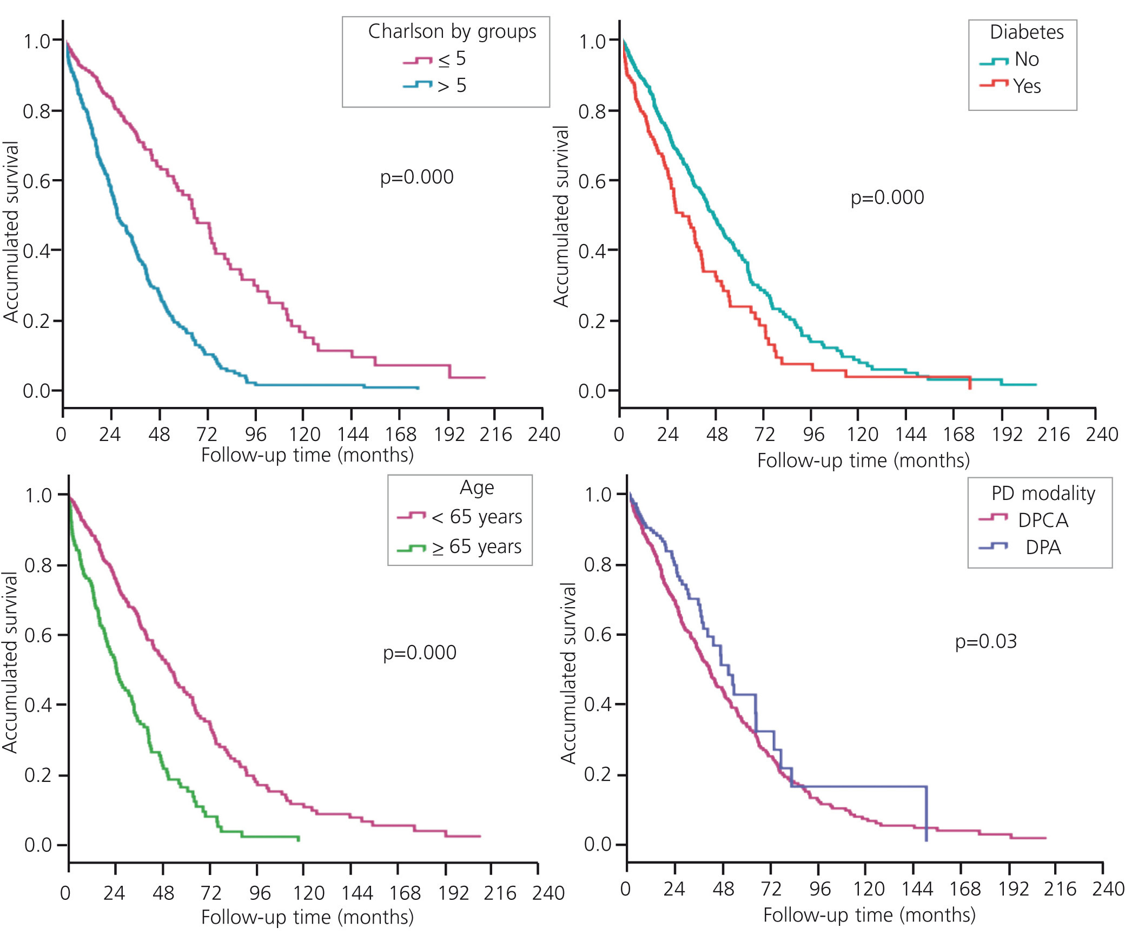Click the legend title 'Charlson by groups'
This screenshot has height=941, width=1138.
click(x=452, y=31)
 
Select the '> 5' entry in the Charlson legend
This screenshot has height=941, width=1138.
click(x=452, y=85)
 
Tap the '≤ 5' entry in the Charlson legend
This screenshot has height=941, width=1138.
click(x=452, y=59)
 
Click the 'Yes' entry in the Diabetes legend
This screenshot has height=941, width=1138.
click(x=1027, y=85)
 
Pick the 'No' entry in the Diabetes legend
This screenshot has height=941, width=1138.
click(x=1027, y=59)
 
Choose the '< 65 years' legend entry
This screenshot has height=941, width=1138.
click(x=477, y=517)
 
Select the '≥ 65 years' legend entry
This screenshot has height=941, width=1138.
click(x=477, y=547)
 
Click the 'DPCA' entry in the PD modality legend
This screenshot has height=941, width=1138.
click(x=1043, y=521)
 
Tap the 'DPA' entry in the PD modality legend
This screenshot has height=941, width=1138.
click(x=1043, y=548)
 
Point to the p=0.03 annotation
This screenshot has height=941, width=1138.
click(x=985, y=641)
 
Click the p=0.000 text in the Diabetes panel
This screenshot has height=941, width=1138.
click(x=887, y=198)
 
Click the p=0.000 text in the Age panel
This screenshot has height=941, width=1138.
click(x=419, y=652)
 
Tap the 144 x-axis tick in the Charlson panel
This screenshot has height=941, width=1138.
click(x=353, y=434)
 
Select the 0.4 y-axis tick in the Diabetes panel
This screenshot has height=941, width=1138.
click(x=592, y=251)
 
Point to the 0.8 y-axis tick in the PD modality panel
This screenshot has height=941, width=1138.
click(x=598, y=565)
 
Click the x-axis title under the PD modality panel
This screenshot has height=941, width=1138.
click(x=869, y=915)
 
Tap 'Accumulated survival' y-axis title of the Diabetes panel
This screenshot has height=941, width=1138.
click(x=561, y=217)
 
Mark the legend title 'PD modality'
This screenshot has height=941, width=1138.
click(x=1043, y=493)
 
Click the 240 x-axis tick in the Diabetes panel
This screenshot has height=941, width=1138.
click(x=1102, y=434)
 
